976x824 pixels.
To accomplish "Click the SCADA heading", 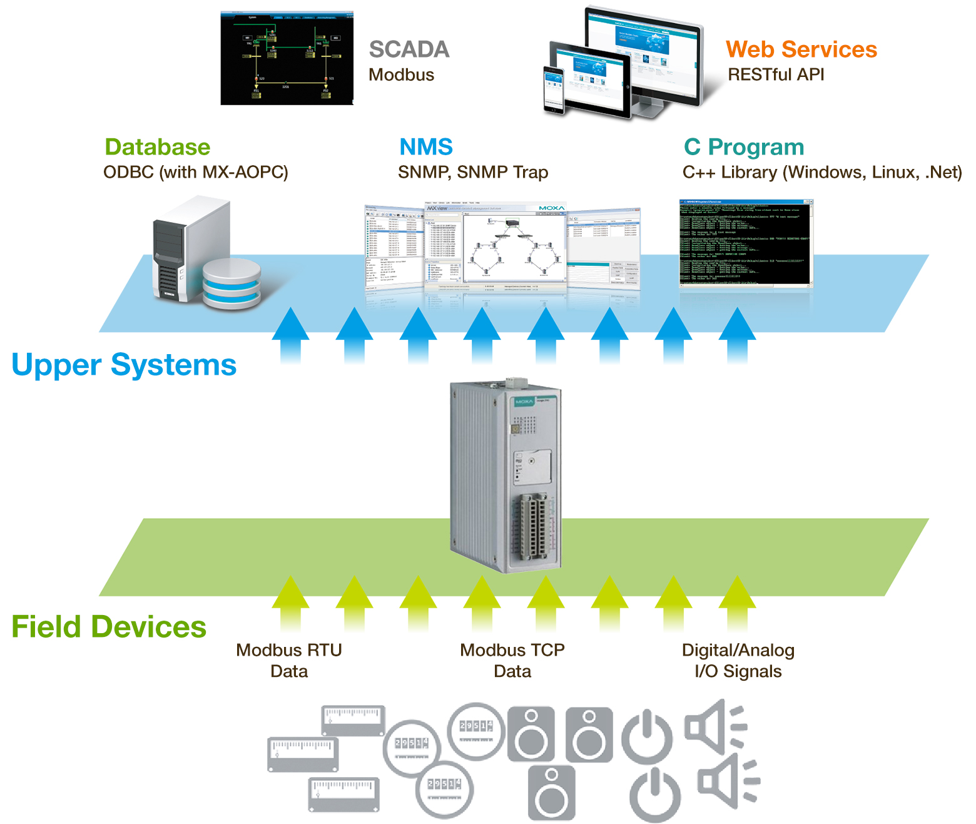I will click(409, 49).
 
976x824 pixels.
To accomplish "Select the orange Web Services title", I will click(801, 49).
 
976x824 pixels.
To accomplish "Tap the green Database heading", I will click(157, 147).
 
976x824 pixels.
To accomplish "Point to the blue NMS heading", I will click(426, 147).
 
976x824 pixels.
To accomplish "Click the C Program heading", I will click(743, 148).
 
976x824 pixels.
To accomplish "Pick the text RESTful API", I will click(776, 74).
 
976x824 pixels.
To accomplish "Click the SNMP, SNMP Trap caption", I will click(473, 172).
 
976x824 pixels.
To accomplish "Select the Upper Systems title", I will click(124, 365).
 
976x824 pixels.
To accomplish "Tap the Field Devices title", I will click(109, 627).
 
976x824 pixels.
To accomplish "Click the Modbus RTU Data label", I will click(289, 661).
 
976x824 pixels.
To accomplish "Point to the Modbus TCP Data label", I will click(512, 661).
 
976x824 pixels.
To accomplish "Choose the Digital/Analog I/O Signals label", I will click(738, 661).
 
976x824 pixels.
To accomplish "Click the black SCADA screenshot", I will click(287, 58).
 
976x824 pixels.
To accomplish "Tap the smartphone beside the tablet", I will click(554, 91).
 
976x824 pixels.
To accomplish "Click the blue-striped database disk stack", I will click(231, 285).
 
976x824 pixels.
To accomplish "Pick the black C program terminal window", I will click(746, 243).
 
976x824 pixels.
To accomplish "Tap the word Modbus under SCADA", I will click(401, 75).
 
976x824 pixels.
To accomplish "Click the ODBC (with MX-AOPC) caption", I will click(196, 172).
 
